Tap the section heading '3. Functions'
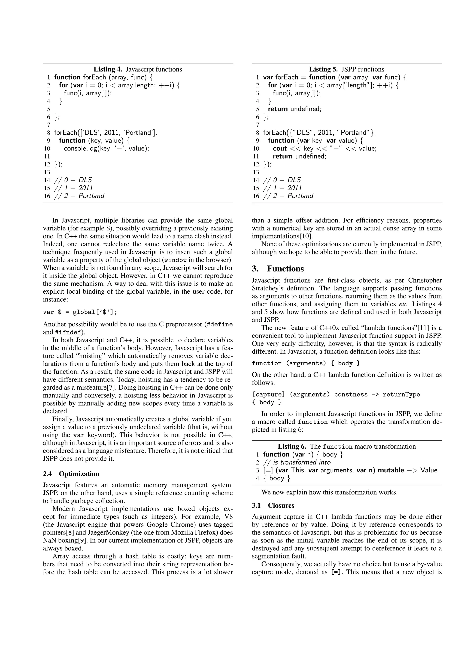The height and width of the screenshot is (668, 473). point(278,268)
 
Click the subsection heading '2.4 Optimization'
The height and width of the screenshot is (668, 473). point(71,474)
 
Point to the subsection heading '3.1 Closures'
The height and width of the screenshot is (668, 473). point(273,505)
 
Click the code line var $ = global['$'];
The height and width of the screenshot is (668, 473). point(80,312)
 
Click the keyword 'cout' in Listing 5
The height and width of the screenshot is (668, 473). point(280,148)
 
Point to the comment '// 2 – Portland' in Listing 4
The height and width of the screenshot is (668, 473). point(79,196)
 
